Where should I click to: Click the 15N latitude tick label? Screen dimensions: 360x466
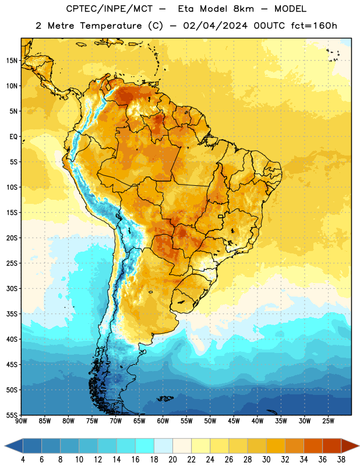(12, 61)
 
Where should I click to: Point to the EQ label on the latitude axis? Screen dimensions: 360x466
(13, 137)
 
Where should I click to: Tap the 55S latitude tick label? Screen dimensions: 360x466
(12, 415)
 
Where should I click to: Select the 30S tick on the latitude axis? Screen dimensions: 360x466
(12, 288)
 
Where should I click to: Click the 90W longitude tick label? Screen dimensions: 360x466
(21, 421)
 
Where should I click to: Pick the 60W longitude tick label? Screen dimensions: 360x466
(163, 421)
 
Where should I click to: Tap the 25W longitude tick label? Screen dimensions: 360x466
(328, 421)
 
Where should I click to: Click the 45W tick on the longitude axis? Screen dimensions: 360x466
(234, 421)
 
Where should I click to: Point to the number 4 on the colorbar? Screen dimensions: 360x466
(23, 460)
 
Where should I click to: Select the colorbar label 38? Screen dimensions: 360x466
(341, 460)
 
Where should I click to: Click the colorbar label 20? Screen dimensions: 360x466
(172, 460)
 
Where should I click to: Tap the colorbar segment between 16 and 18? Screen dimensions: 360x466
(145, 446)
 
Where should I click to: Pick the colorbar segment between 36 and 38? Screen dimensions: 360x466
(332, 446)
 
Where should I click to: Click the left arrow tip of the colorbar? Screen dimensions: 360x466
(5, 446)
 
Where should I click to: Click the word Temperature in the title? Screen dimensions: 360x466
(111, 26)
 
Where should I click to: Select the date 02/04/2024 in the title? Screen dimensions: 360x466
(215, 26)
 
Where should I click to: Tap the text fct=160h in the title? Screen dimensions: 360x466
(314, 26)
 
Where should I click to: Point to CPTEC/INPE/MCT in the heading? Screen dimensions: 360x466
(109, 9)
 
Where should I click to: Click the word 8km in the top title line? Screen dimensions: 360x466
(243, 9)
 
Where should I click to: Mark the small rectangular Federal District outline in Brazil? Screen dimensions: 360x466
(221, 216)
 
